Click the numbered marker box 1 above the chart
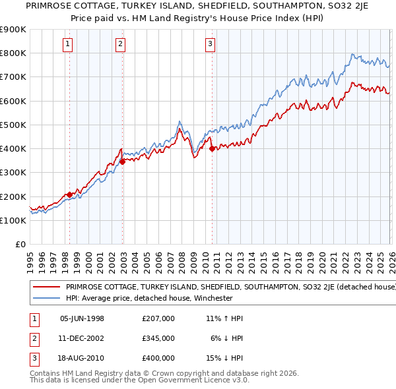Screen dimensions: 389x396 (x=69, y=44)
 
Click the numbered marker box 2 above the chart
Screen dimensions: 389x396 (x=121, y=44)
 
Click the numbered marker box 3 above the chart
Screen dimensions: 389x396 (x=210, y=44)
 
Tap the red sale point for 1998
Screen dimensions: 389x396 (x=69, y=195)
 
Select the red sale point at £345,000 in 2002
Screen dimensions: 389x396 (x=122, y=161)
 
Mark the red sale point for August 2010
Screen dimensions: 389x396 (x=212, y=149)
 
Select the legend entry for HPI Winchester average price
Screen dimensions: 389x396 (x=148, y=298)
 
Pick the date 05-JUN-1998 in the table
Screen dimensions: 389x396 (x=82, y=318)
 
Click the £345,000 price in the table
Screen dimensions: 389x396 (x=158, y=338)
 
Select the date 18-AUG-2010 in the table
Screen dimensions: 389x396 (x=82, y=358)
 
